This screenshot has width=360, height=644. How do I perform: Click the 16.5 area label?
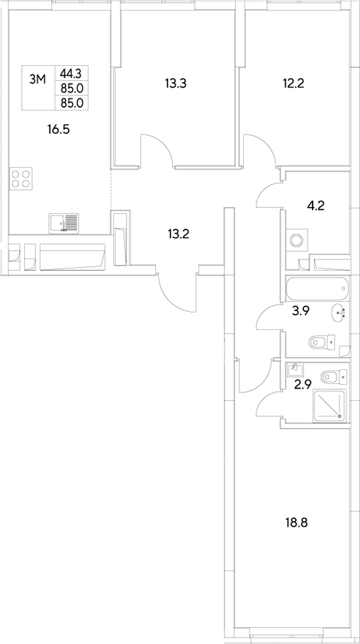[x=60, y=129]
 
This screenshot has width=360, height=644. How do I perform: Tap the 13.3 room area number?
[x=175, y=84]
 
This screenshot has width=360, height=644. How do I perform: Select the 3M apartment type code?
[x=38, y=79]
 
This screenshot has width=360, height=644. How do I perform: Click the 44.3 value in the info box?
[x=71, y=72]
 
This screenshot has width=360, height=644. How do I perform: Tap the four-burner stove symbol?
[x=22, y=178]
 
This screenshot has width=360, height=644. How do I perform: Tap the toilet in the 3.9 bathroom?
[x=322, y=343]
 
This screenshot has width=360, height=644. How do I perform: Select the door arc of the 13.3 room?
[x=155, y=150]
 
